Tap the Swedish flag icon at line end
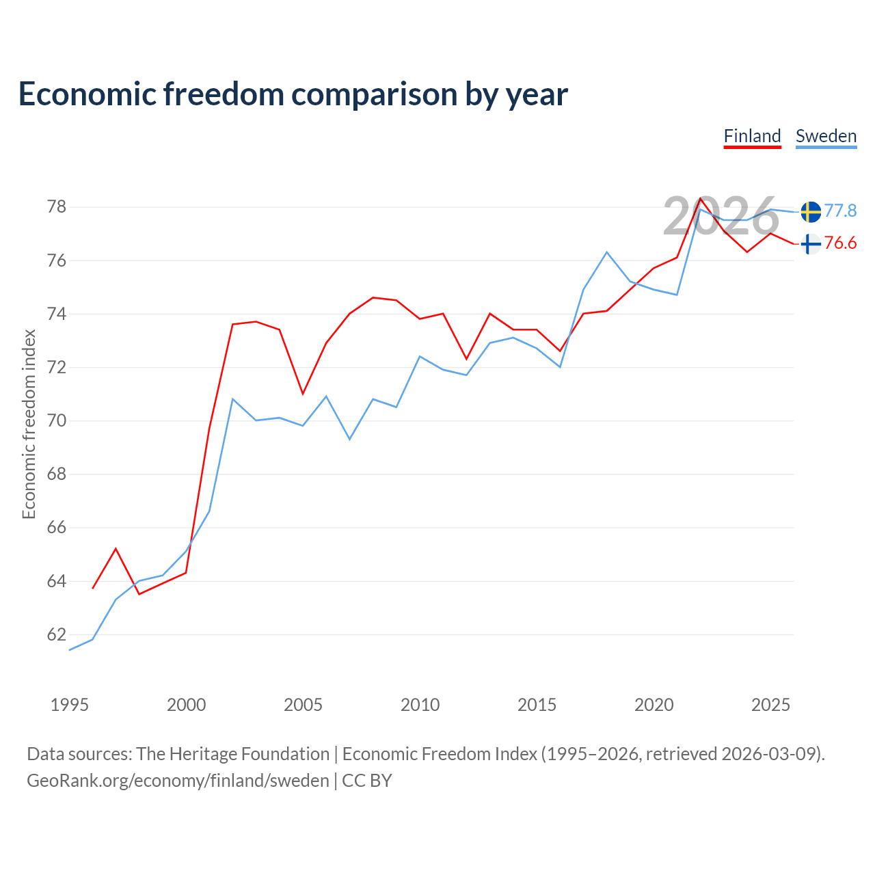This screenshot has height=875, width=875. [811, 212]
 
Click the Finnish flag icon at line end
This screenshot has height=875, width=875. [811, 244]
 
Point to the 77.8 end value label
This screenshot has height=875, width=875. [840, 211]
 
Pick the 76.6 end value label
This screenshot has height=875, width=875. [840, 243]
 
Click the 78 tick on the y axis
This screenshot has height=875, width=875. [57, 207]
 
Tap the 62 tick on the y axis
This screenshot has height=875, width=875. [57, 634]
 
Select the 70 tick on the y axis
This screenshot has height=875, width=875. [57, 421]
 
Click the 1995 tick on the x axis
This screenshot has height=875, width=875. [70, 705]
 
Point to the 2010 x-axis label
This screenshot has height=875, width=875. [420, 705]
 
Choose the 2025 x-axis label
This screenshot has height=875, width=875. [770, 705]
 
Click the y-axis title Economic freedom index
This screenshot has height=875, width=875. [29, 424]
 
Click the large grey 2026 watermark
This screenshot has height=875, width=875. [721, 216]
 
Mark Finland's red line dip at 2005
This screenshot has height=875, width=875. [303, 394]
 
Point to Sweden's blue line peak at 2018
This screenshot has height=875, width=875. [606, 252]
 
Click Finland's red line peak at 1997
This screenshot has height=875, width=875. [116, 549]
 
